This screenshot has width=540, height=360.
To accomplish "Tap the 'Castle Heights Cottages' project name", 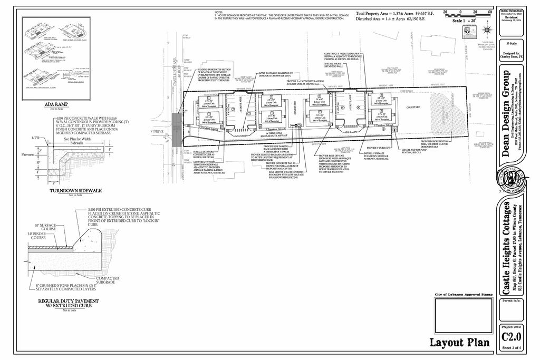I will click(x=506, y=248).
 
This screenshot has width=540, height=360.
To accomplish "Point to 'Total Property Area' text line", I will click(x=394, y=13).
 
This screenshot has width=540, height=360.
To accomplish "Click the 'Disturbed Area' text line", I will click(x=394, y=18).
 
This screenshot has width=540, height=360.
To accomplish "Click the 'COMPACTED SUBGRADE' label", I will click(x=108, y=280).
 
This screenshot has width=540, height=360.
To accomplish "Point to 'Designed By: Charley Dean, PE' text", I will click(x=511, y=56).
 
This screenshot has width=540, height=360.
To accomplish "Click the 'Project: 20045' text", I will click(x=511, y=327).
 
